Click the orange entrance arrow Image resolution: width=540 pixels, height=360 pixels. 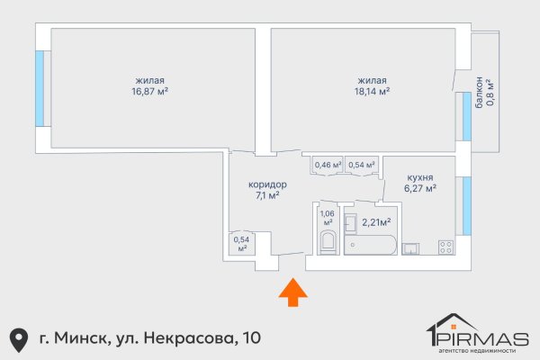click(292, 294)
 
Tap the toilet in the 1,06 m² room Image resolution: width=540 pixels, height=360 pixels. click(328, 242)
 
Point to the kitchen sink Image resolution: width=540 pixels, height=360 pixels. click(411, 247)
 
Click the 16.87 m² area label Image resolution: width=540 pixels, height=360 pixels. click(151, 91)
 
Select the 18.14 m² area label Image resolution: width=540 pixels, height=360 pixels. click(372, 91)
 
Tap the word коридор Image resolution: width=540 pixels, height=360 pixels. click(267, 184)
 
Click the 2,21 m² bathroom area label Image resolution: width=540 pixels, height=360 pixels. click(375, 221)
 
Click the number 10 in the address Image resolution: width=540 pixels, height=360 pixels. click(252, 337)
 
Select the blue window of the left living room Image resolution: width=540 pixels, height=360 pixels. click(39, 88)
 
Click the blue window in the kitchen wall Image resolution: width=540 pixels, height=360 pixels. click(465, 206)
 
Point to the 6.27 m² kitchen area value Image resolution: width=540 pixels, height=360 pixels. click(420, 189)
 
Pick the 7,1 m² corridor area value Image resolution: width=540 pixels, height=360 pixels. click(267, 195)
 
